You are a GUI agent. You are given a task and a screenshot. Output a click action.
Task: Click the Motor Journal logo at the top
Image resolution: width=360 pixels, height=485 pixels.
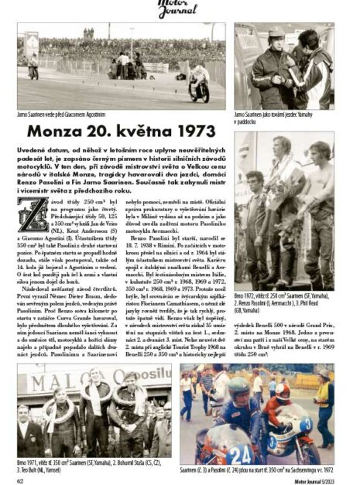[x=180, y=8]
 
